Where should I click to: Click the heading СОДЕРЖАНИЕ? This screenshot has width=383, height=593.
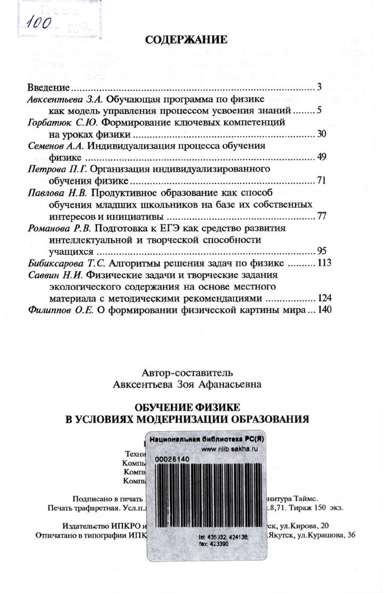tap(186, 40)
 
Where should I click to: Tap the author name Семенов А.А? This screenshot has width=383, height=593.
tap(55, 145)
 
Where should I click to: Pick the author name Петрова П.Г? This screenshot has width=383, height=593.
tap(57, 169)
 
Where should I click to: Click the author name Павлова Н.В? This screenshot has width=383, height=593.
tap(56, 191)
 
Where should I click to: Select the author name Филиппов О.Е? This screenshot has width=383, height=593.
tap(60, 310)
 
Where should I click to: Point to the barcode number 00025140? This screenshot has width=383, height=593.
tap(172, 458)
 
